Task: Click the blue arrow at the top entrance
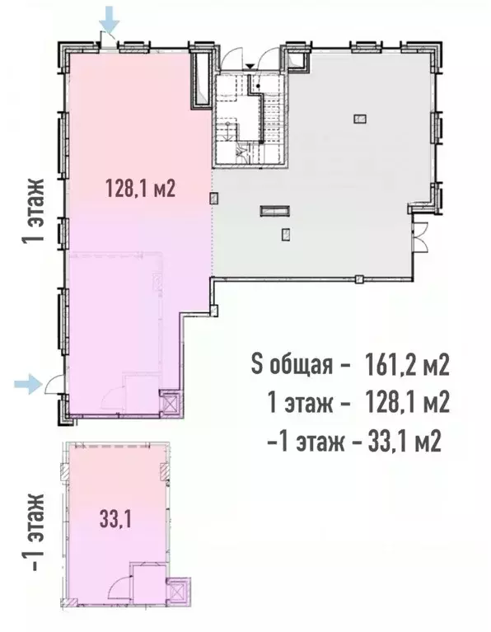(108, 17)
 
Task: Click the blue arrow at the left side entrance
(28, 382)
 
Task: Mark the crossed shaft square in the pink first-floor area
(170, 404)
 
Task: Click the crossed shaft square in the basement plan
(176, 592)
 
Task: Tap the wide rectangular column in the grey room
(272, 211)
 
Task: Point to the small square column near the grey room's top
(359, 119)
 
